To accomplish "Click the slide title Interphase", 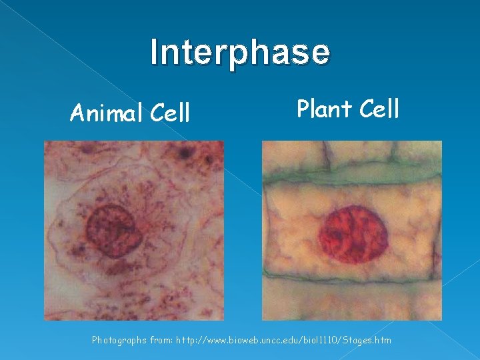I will (x=240, y=53).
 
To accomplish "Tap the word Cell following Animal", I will (x=169, y=114).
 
